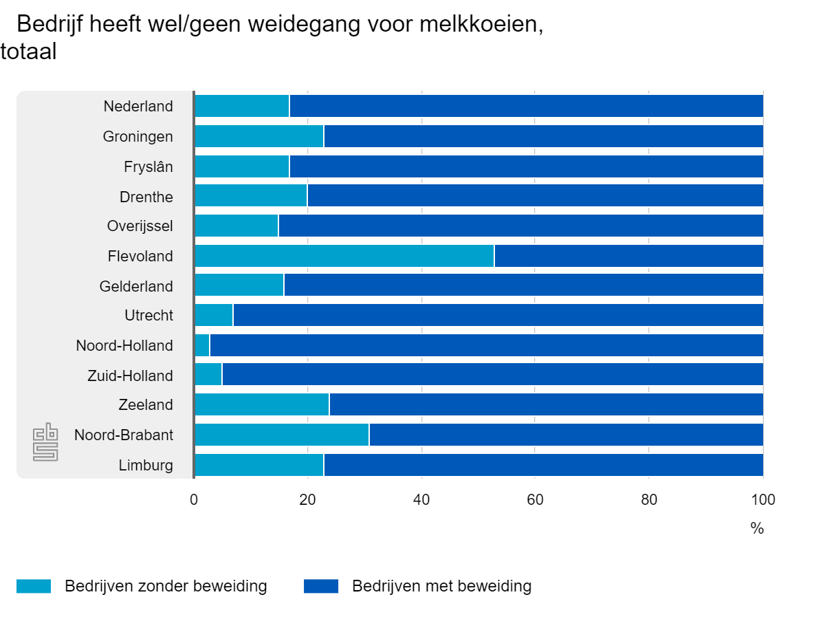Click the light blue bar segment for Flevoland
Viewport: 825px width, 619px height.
[344, 256]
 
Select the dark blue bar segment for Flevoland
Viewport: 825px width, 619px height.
[628, 256]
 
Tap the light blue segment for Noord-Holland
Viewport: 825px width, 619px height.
[202, 345]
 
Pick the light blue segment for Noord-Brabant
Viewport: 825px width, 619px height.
[281, 435]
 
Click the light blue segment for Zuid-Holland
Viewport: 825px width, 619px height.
[208, 375]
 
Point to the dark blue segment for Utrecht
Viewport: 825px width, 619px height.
[498, 316]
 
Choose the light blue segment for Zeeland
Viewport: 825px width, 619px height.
[262, 404]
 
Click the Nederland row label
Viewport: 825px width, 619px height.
[138, 107]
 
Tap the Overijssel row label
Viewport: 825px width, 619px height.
[140, 226]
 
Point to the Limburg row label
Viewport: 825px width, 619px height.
[146, 465]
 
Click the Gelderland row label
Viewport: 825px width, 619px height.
[136, 285]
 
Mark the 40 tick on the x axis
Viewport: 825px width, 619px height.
[421, 500]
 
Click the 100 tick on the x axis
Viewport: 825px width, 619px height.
[762, 500]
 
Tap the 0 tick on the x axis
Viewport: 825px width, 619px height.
[194, 500]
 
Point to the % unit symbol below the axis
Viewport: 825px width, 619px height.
[757, 528]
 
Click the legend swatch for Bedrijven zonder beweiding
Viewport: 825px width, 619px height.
[34, 586]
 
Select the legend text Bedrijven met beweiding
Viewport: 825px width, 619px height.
[441, 586]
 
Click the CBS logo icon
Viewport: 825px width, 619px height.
[45, 444]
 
